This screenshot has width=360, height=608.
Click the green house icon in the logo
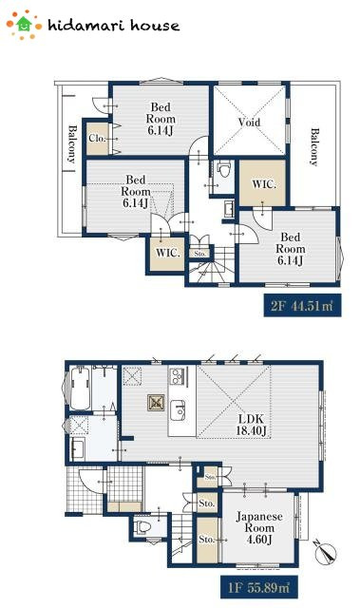(24, 24)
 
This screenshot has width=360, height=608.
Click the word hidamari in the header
(86, 26)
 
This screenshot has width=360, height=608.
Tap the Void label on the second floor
(249, 123)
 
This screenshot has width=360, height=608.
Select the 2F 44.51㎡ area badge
(302, 306)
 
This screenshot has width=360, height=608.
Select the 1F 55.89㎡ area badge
(259, 587)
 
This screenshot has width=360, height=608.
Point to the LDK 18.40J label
(251, 425)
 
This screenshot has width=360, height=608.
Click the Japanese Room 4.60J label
(259, 528)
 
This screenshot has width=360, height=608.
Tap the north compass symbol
(326, 553)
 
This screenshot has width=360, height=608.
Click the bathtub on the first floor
(80, 388)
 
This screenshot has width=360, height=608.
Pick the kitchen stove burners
(178, 375)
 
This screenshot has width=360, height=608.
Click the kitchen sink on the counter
(178, 409)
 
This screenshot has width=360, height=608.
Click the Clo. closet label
(97, 138)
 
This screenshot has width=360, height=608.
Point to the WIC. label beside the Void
(264, 184)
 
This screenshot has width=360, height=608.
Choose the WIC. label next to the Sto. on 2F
(168, 253)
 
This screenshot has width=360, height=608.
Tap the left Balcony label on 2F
(71, 143)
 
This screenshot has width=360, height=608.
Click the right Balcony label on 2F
(313, 146)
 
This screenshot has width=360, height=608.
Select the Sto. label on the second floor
(200, 254)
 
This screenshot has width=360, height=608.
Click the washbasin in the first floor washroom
(78, 448)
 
